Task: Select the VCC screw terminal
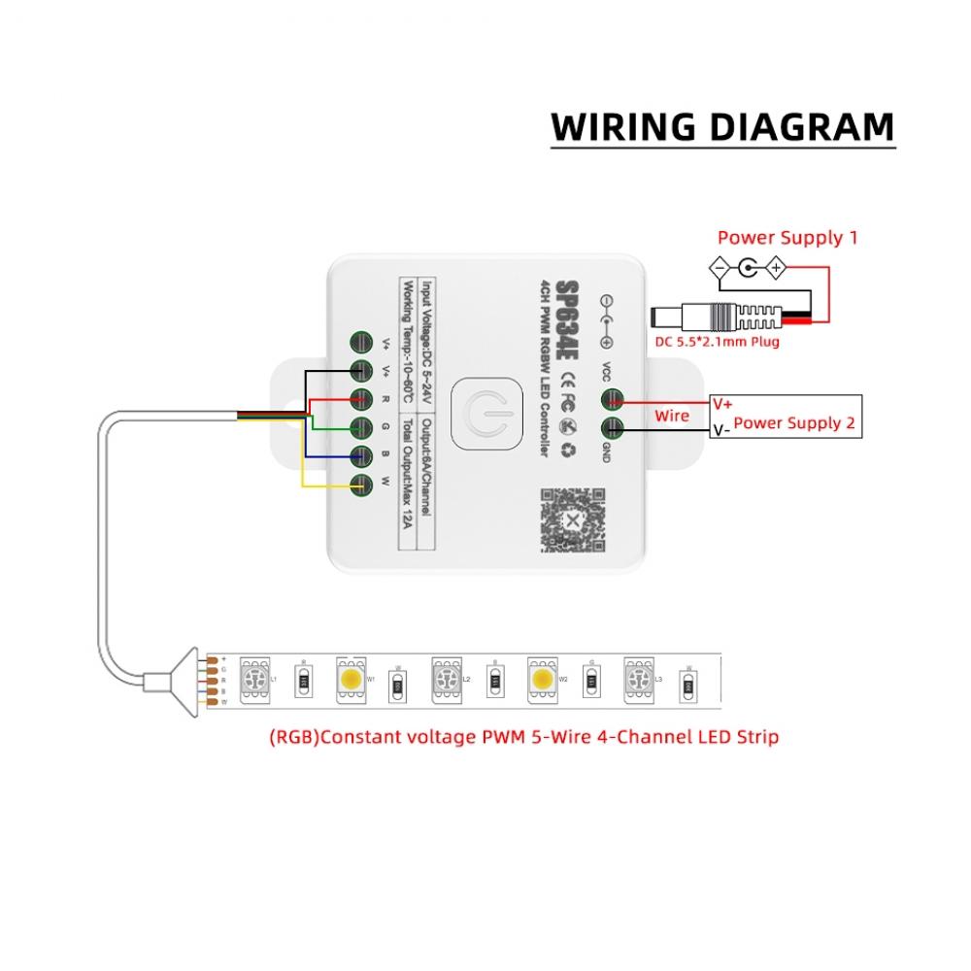[612, 399]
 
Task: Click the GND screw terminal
[612, 429]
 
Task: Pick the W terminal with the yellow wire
[361, 484]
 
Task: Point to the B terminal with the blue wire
[361, 455]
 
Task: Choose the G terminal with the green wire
[361, 426]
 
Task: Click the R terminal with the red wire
[361, 398]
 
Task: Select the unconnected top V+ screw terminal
[361, 342]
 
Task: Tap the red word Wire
[671, 416]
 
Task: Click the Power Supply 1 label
[787, 238]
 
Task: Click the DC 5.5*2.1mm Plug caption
[717, 342]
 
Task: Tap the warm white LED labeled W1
[349, 673]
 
